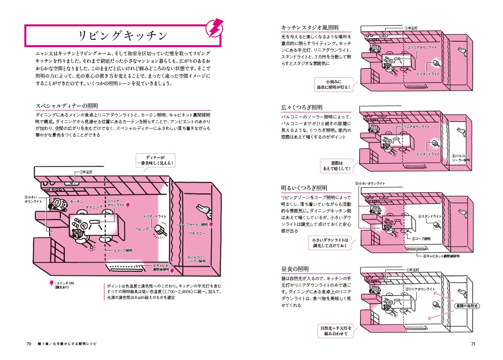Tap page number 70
point(29,343)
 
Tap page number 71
point(473,343)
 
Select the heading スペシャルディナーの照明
point(67,106)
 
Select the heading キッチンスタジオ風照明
point(310,28)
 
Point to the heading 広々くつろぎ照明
point(302,107)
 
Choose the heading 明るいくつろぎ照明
point(304,188)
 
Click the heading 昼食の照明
point(295,269)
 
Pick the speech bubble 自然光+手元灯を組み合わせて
point(336,331)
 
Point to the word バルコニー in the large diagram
point(197,233)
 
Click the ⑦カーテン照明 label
point(196,225)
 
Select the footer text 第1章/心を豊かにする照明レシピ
point(67,343)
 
